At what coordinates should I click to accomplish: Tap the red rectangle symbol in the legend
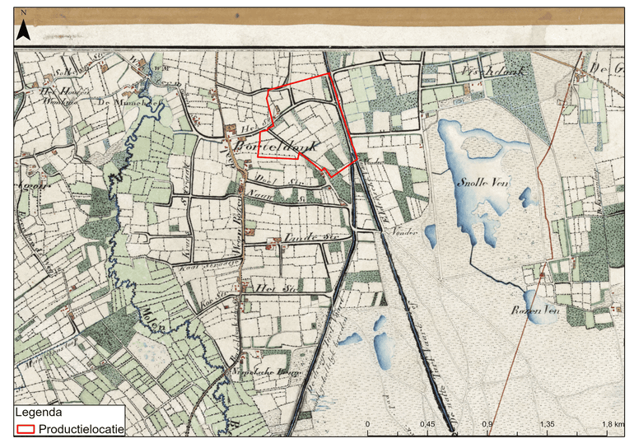click(27, 428)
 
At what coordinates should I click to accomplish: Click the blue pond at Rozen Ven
click(535, 301)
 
